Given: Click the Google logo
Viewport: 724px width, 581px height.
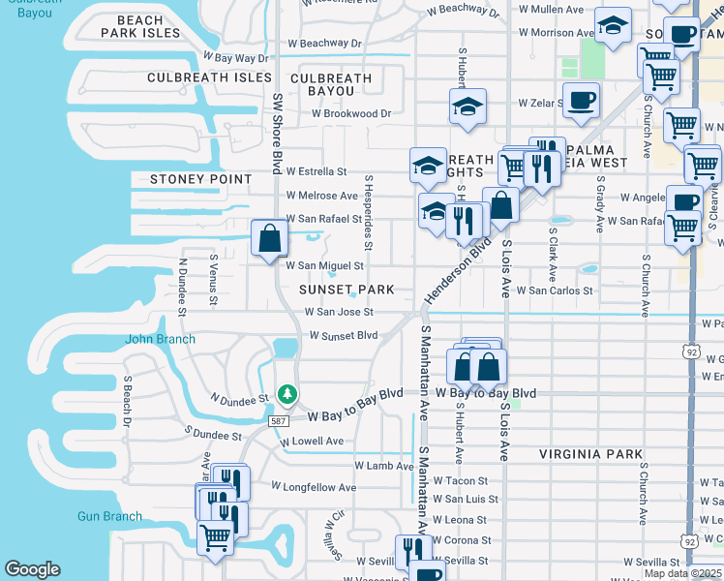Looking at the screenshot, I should coord(32,569).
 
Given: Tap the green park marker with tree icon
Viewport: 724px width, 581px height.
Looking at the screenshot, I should coord(287,394).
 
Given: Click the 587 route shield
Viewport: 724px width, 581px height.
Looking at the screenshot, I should coord(278,418).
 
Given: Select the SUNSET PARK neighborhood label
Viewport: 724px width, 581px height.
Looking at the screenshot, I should coord(347,290).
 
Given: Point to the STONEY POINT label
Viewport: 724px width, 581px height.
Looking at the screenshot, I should coord(200,179).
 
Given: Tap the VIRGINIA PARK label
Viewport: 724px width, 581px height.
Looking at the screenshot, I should coord(590,453).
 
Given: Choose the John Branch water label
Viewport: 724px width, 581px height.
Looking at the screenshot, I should coord(160,339).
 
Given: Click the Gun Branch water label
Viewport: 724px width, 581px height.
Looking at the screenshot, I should coord(109,516).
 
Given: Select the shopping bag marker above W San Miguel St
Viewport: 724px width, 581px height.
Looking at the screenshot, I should coord(268,237).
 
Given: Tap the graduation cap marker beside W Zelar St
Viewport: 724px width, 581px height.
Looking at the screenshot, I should coord(468,107).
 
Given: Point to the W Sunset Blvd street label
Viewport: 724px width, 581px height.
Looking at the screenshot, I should coord(343,335).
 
